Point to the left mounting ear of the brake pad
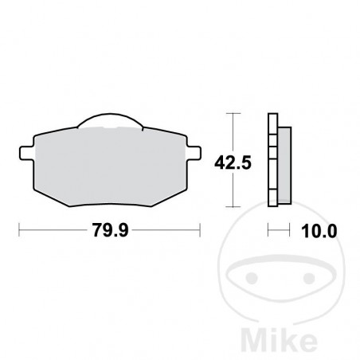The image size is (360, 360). pos(24,148)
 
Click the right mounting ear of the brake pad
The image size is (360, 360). pos(193,148)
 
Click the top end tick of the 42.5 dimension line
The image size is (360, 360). pos(232,115)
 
